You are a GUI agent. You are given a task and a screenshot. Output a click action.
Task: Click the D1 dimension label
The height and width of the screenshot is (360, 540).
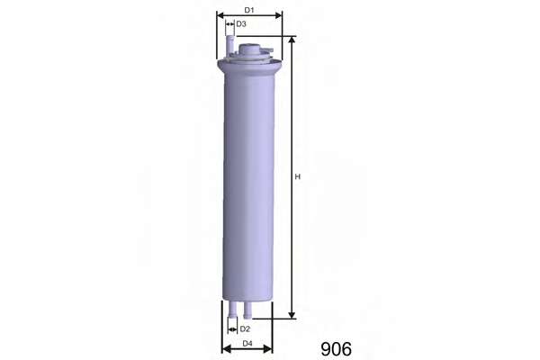point(249,10)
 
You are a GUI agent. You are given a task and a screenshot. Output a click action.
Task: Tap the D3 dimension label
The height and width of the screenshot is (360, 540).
point(241,24)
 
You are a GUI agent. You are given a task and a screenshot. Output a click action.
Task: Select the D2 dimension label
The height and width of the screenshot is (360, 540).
point(245,329)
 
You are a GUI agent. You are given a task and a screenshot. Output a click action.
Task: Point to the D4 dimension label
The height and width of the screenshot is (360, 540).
point(247,344)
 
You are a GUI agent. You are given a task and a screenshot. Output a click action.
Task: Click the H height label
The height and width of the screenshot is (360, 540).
point(298,176)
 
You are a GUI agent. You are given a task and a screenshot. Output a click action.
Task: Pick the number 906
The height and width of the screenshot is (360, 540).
point(336,349)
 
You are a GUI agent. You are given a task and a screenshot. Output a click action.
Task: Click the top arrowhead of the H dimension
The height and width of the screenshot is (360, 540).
point(292,40)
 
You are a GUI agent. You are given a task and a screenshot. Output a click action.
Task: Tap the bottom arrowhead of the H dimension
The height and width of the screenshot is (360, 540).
point(292,314)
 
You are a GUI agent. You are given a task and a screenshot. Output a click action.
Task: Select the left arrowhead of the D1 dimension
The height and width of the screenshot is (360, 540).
point(220,15)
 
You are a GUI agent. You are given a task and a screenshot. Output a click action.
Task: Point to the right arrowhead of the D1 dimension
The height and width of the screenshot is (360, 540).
point(278,15)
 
